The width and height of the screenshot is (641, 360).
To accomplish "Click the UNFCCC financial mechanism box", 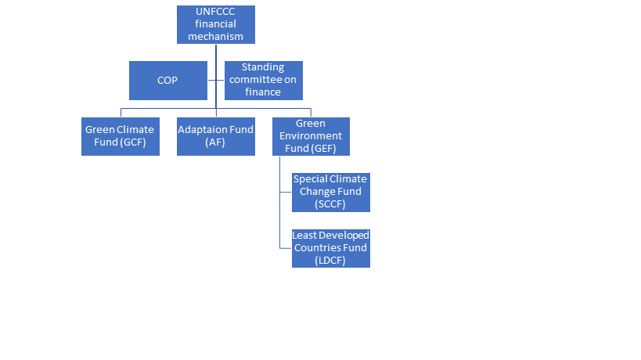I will [216, 24].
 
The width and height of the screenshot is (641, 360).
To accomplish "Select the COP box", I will [168, 81].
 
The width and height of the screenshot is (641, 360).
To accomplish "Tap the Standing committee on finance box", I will [263, 81].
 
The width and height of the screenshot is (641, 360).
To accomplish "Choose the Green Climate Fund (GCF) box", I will [120, 136].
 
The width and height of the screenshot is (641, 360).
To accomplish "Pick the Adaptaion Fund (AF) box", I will [215, 136].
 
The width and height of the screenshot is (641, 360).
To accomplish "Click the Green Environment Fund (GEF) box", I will [311, 136].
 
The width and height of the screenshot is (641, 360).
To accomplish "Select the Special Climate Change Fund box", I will [330, 192].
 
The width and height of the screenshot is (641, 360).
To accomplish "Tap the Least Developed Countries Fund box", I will [330, 248].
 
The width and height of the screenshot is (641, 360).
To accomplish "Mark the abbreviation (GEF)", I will [330, 149].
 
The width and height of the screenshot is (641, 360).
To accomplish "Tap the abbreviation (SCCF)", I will [330, 204].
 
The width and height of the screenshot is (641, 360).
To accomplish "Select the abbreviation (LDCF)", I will [330, 261].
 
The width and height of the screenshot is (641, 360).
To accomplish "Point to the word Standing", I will [263, 68].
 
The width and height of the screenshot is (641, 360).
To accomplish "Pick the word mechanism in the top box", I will [216, 37].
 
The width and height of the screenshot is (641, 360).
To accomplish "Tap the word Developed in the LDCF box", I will [347, 236].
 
